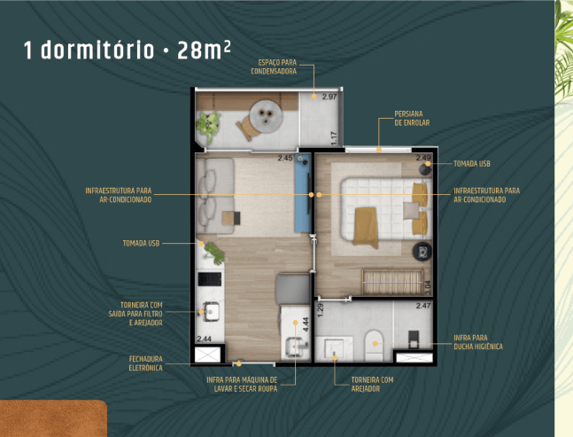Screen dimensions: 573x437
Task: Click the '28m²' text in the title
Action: [204, 51]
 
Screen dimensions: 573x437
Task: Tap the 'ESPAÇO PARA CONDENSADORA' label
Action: [274, 66]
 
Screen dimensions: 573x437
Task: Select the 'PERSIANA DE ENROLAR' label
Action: [412, 119]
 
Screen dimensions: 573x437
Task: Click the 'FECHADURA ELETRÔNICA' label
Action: [145, 363]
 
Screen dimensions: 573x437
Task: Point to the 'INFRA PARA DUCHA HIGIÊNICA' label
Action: [478, 342]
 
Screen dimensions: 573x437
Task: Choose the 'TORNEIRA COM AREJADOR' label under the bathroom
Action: [372, 385]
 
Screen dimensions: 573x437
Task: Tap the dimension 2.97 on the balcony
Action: [329, 97]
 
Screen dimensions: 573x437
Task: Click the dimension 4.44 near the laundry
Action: [306, 324]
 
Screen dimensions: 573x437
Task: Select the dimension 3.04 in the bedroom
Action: [428, 287]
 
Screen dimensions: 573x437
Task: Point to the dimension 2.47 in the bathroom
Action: [423, 306]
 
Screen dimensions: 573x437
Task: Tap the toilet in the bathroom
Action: [374, 346]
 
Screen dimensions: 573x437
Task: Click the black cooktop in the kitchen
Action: [210, 279]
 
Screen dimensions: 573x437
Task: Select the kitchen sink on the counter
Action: [211, 312]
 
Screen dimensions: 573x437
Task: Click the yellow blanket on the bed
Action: [366, 228]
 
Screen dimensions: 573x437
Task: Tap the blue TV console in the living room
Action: [303, 193]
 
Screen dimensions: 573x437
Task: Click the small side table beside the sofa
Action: [231, 218]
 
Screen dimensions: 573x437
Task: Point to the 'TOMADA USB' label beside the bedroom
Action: [472, 164]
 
